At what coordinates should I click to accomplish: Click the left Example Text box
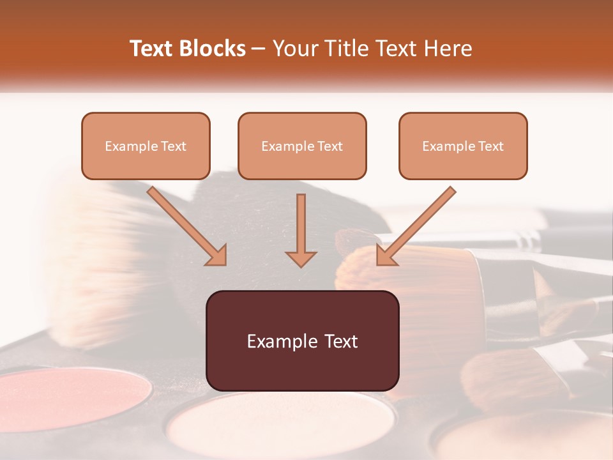tap(146, 146)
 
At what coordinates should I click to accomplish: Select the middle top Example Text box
tap(302, 146)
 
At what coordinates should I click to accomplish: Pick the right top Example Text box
tap(463, 146)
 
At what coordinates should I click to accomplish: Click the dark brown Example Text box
tap(302, 341)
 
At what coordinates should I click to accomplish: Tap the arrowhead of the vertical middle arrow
tap(301, 258)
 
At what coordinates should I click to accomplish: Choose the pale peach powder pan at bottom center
tap(281, 425)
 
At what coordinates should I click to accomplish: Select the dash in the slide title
tap(259, 49)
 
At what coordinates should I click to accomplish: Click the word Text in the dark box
tap(339, 341)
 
